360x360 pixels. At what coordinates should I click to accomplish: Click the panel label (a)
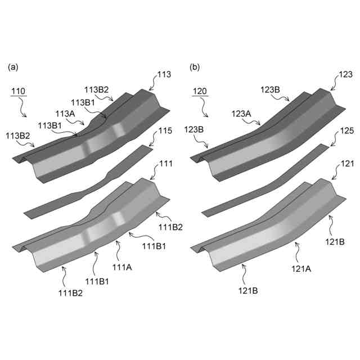(13, 67)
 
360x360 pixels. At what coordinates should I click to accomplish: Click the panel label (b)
(195, 67)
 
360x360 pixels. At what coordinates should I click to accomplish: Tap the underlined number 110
(19, 91)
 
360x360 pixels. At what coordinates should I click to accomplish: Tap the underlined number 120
(200, 91)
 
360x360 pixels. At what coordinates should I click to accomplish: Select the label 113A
(65, 114)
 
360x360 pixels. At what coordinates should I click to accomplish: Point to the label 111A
(122, 267)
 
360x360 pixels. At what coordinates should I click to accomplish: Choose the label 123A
(241, 114)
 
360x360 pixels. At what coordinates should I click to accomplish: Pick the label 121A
(301, 269)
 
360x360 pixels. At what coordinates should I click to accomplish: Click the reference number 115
(165, 130)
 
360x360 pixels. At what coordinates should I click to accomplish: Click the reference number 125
(347, 130)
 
